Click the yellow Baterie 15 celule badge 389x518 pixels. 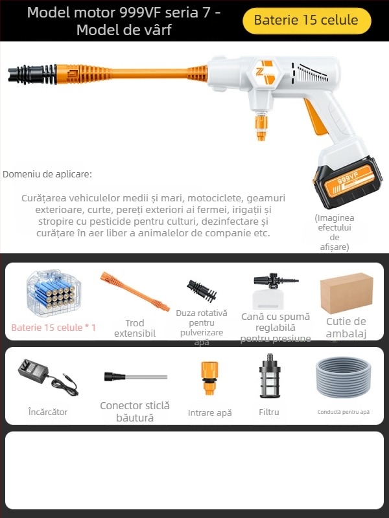(x=306, y=20)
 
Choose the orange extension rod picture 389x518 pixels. (x=134, y=292)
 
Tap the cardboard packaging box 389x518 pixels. (x=347, y=293)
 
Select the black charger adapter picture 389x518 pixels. (x=47, y=377)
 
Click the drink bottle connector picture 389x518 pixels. (x=135, y=376)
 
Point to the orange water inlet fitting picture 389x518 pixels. (x=209, y=377)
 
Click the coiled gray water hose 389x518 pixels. (x=344, y=379)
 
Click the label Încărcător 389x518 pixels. (x=47, y=412)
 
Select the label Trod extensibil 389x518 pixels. (x=134, y=328)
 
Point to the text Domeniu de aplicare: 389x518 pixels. (x=47, y=174)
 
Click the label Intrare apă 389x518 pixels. (x=209, y=412)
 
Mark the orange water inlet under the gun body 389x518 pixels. (x=261, y=127)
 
